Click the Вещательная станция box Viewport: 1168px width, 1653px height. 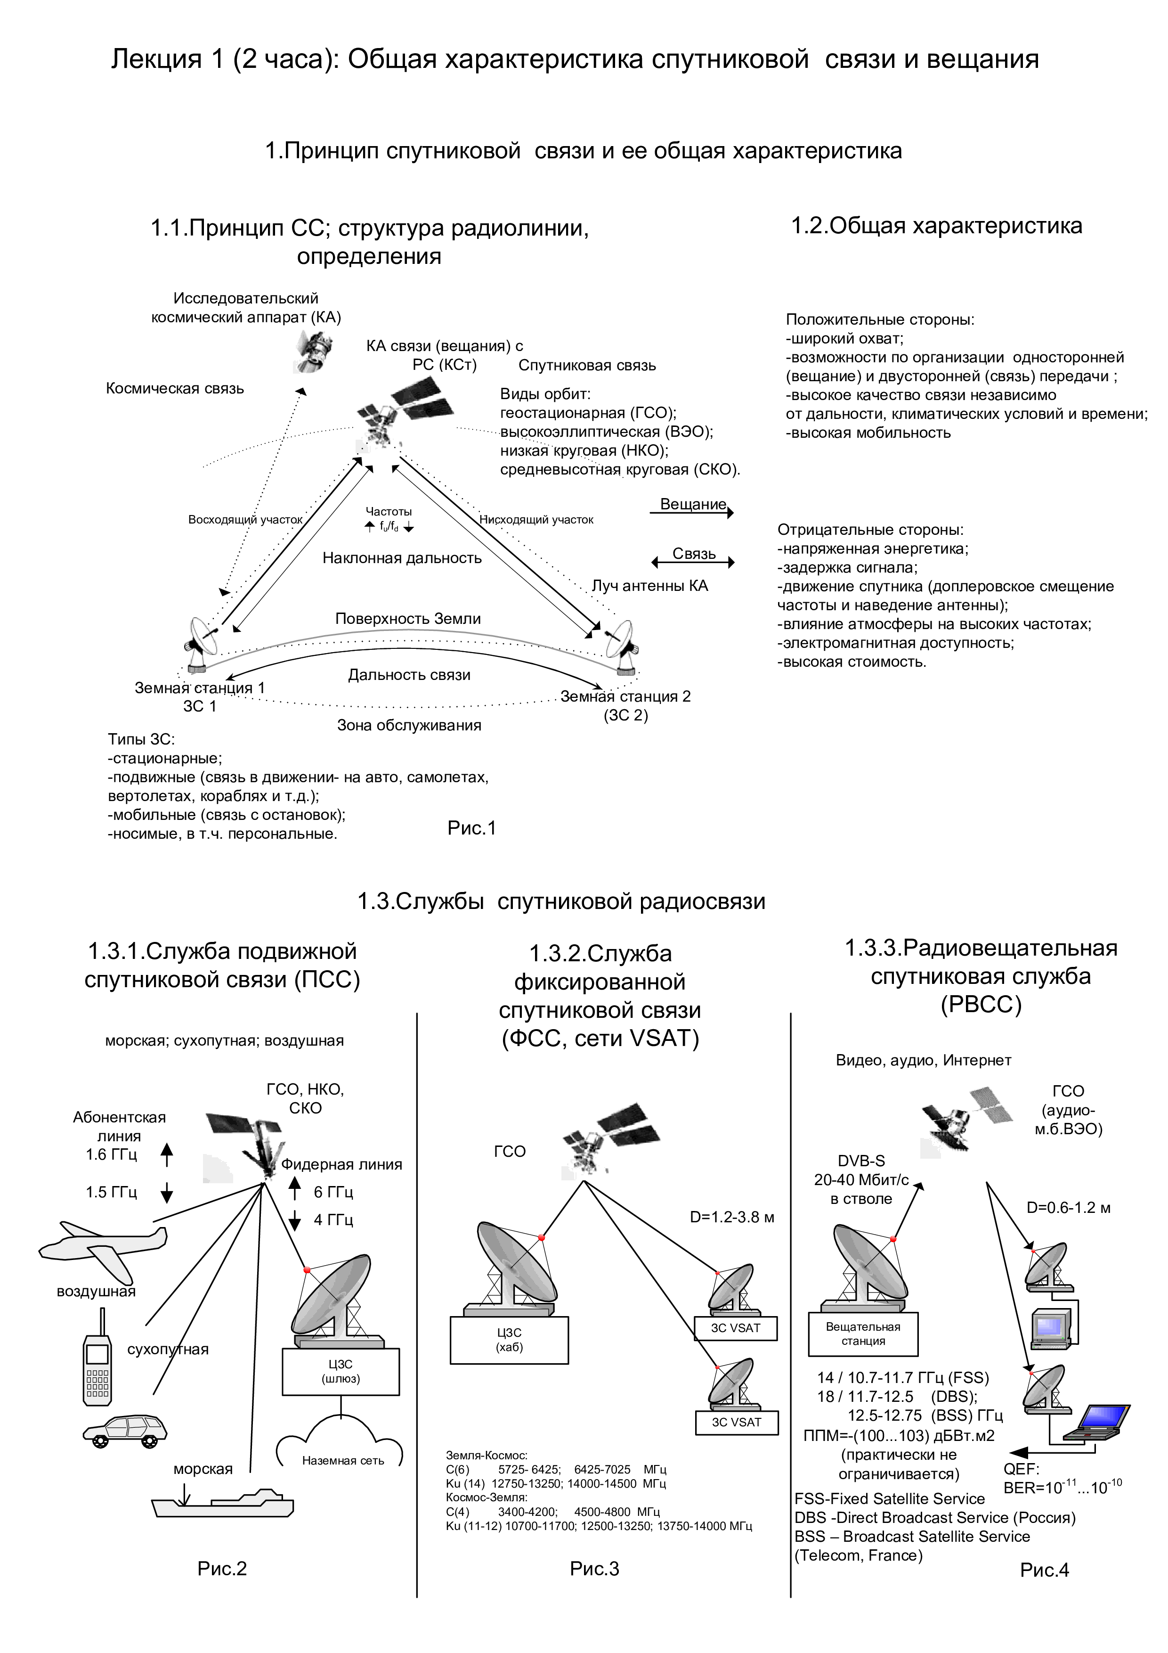tap(863, 1334)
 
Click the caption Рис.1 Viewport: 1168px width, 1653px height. tap(472, 828)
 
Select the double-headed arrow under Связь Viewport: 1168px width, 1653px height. tap(692, 562)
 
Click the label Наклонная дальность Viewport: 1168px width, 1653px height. tap(402, 558)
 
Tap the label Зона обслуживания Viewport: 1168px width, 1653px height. tap(409, 725)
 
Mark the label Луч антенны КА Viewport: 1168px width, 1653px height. tap(650, 586)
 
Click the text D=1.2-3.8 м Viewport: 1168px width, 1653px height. tap(732, 1217)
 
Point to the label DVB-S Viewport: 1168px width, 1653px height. tap(861, 1161)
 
